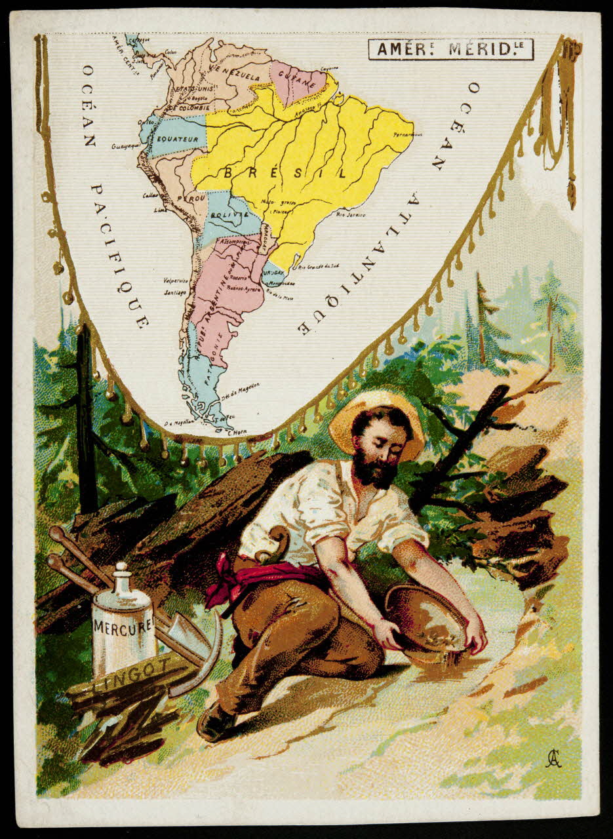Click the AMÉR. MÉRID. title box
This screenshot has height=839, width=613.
450,49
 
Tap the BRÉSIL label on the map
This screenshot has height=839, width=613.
285,173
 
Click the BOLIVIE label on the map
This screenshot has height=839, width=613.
229,215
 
